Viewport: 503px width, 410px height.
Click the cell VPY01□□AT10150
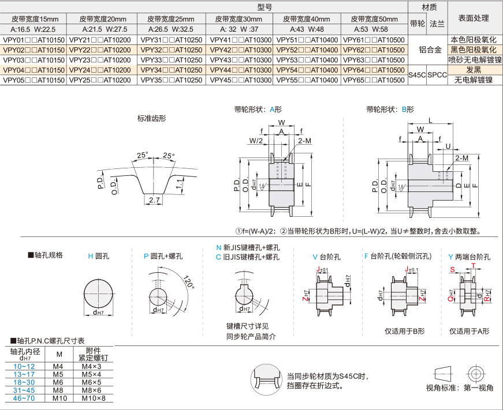coord(33,40)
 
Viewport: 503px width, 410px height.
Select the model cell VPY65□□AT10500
coord(374,80)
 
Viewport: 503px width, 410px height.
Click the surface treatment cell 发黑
coord(474,70)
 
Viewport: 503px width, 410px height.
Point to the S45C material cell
coord(416,75)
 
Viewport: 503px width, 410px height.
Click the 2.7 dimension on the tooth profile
coord(154,200)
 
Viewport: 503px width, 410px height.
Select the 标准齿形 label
coord(151,119)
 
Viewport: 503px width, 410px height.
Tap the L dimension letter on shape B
coord(431,119)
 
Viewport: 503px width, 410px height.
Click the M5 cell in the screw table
coord(58,374)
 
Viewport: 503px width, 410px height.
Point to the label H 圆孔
coord(98,255)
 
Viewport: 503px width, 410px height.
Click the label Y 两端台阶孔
coord(470,255)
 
